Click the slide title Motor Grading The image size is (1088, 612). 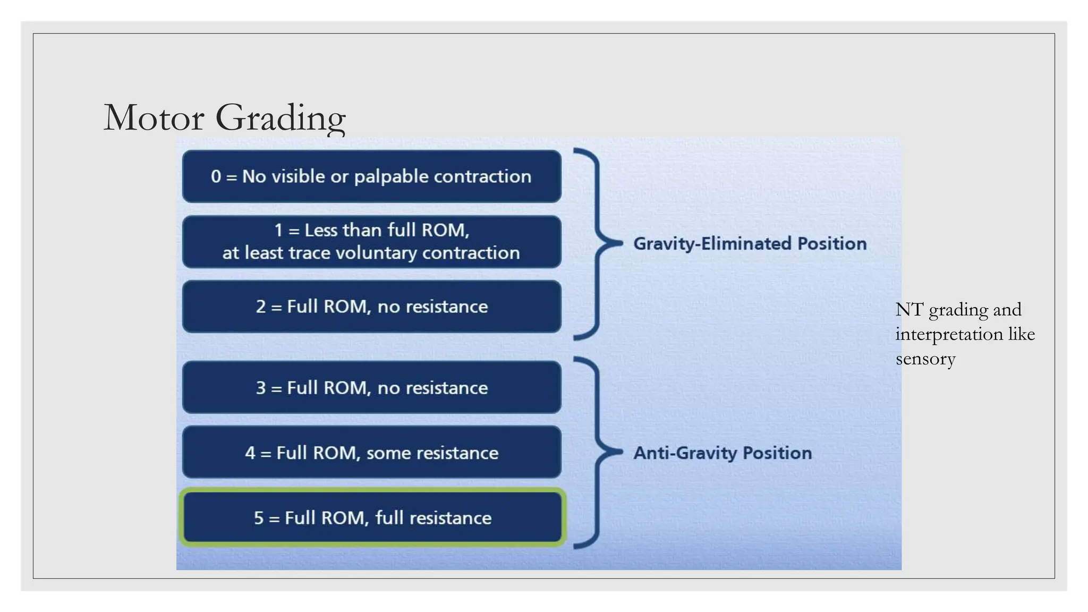pos(224,117)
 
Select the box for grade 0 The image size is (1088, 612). pos(371,176)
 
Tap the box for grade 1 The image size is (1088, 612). pos(371,242)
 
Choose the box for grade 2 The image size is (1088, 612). pos(371,307)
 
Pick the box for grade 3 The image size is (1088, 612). pos(371,388)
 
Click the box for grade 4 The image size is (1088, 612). pos(371,453)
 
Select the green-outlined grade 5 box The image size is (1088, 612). pos(371,517)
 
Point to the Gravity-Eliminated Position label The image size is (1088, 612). pos(750,243)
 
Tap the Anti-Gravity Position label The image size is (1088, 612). pos(722,453)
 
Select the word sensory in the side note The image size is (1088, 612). pos(925,359)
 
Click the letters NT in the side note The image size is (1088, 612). pos(909,310)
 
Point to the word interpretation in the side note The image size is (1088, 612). pos(949,335)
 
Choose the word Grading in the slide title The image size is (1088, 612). pos(280,118)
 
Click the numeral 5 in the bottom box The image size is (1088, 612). pos(259,518)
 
